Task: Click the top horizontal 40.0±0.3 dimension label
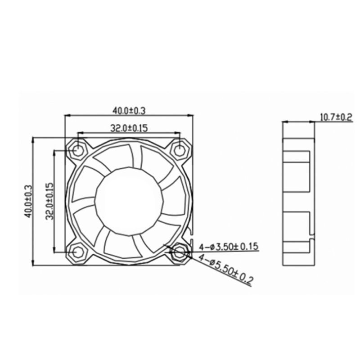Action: pos(130,110)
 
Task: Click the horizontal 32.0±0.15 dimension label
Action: pos(129,128)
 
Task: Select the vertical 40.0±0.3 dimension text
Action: pos(28,201)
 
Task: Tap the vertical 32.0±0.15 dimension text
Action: pos(49,200)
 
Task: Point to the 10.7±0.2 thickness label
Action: pos(335,117)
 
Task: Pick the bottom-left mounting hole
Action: pos(78,252)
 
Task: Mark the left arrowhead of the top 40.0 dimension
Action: pos(68,115)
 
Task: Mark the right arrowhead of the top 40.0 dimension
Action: pos(191,115)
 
